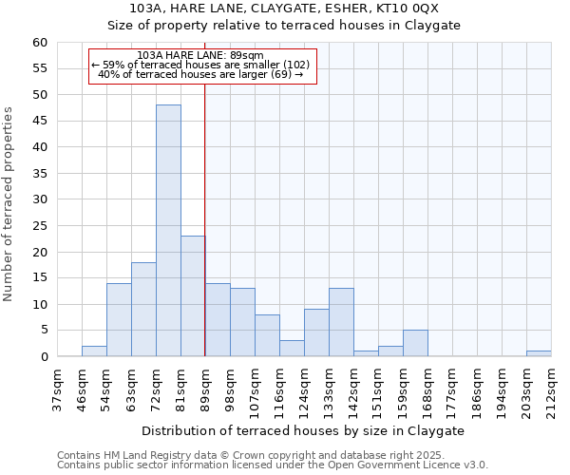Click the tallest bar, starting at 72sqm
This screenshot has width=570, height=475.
[168, 231]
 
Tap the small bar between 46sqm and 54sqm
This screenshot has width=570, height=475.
[94, 351]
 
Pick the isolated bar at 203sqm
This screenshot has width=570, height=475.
[539, 353]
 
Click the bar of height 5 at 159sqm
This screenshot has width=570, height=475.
[415, 343]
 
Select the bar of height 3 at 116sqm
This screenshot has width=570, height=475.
[292, 349]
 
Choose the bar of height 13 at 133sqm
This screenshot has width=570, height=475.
[341, 322]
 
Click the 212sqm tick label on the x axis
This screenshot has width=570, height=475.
[551, 387]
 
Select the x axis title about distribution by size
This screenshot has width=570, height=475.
[303, 430]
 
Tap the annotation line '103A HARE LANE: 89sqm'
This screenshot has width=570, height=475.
[200, 55]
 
